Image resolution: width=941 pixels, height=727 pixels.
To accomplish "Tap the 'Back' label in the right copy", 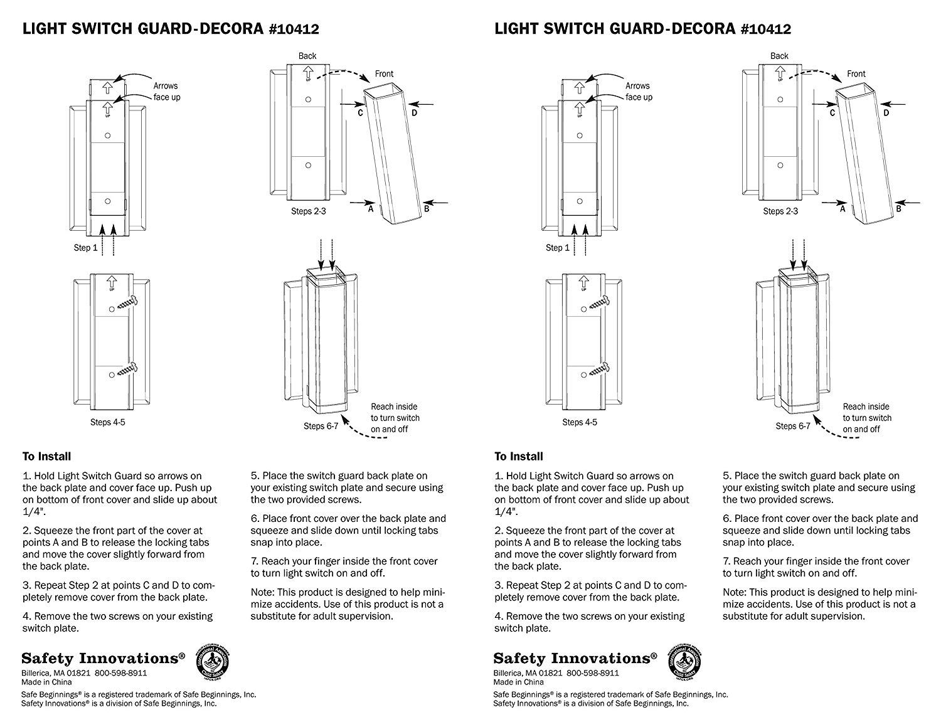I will [779, 56].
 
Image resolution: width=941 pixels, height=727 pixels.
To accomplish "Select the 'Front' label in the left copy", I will [384, 73].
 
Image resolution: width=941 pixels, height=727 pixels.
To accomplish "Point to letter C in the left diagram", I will [361, 113].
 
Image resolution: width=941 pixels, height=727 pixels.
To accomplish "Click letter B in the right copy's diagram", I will [898, 209].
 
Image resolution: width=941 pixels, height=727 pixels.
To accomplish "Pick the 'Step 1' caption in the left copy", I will [85, 248].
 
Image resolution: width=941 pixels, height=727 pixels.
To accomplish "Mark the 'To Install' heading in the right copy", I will [518, 456].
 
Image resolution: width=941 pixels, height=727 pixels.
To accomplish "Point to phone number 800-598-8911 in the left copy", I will [121, 672].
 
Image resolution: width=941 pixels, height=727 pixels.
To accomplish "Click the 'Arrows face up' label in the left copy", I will [166, 92].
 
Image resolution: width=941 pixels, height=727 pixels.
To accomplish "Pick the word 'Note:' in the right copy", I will [736, 592].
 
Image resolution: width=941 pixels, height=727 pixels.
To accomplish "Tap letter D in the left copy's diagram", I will [415, 113].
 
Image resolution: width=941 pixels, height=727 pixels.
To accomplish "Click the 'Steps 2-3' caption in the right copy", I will [780, 211].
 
